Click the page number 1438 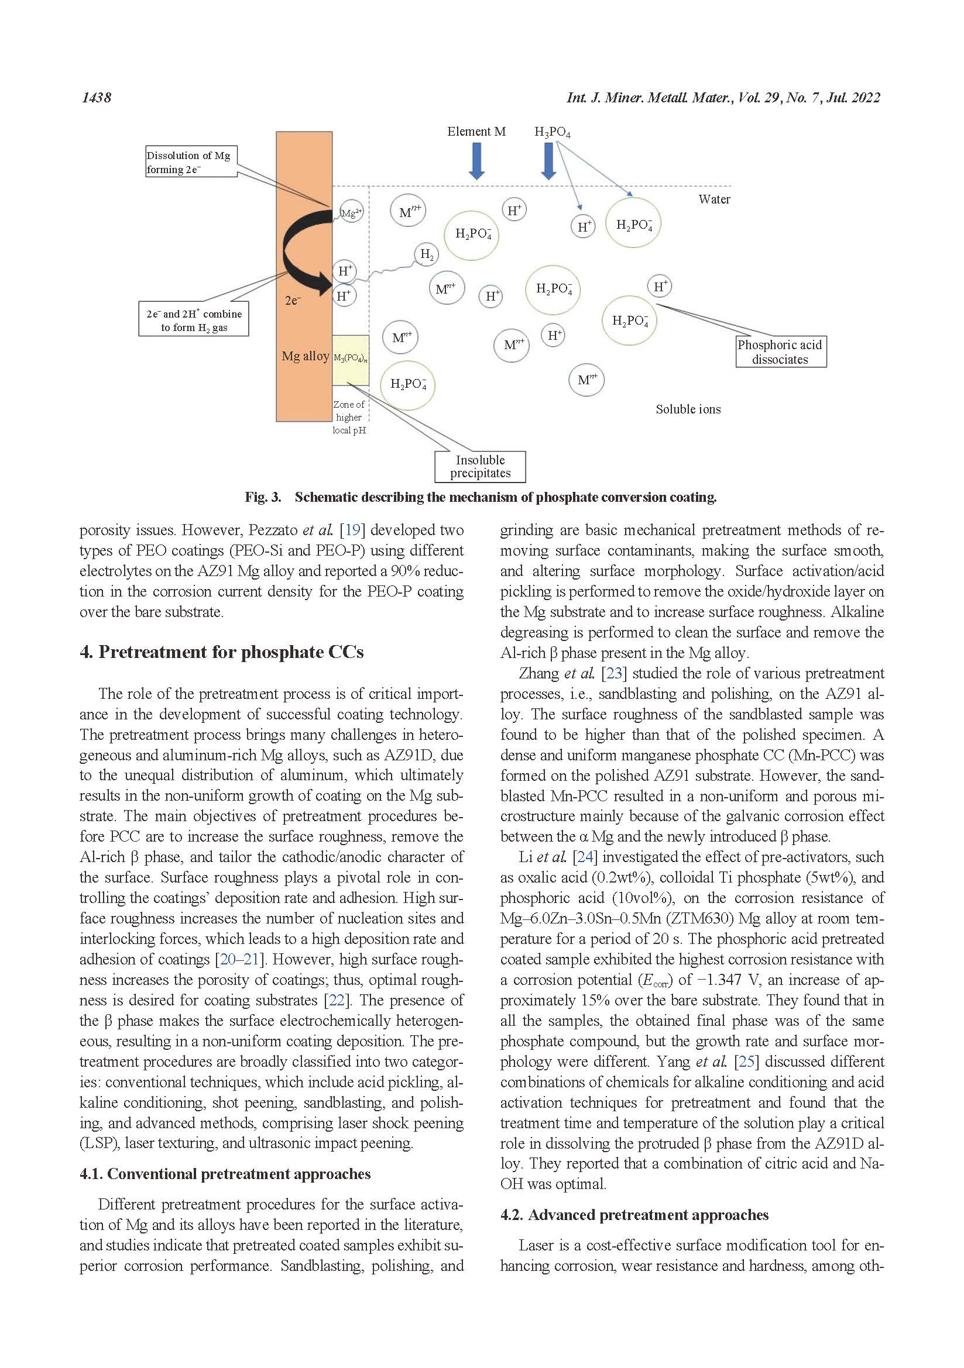pos(96,98)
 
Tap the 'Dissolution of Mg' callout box pos(191,162)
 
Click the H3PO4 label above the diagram pos(552,132)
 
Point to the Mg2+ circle pos(351,212)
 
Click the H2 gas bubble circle pos(426,254)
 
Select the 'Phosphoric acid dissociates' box pos(780,352)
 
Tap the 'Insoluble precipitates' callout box pos(481,467)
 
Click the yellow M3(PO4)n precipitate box pos(351,360)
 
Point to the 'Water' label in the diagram pos(714,199)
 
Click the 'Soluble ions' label pos(688,409)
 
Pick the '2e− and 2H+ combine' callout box pos(194,321)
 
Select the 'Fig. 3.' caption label pos(263,498)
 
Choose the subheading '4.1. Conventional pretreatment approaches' pos(225,1174)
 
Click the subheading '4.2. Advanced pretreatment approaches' pos(634,1215)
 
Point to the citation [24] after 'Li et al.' pos(583,857)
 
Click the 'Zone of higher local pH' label pos(349,417)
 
